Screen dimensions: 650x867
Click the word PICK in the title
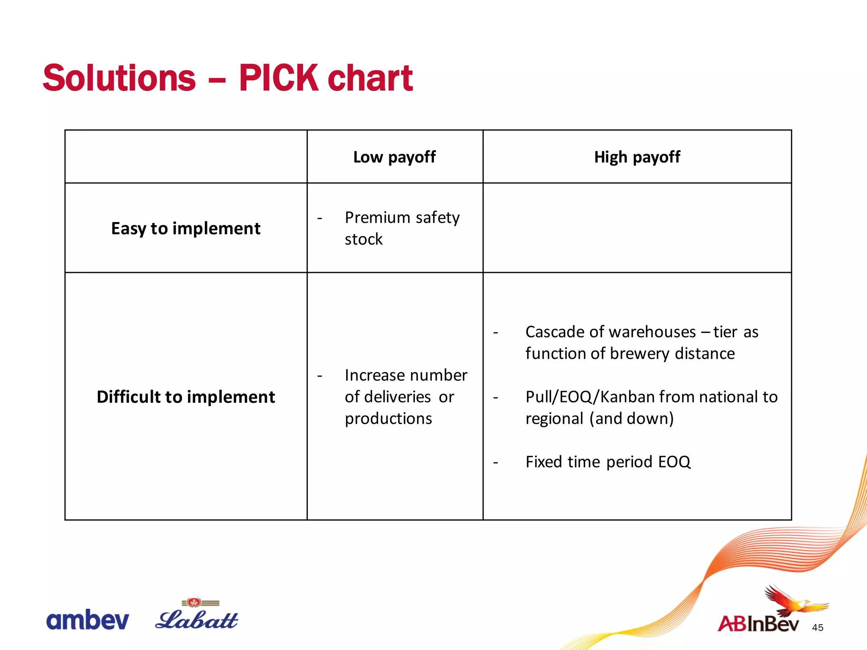point(278,78)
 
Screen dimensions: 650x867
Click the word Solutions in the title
point(119,78)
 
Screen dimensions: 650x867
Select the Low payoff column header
point(394,157)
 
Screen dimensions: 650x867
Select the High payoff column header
point(637,157)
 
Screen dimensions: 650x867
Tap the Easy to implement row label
point(185,229)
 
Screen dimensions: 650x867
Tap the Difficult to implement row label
point(185,397)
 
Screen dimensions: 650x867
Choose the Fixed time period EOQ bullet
point(607,462)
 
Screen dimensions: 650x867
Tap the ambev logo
point(87,620)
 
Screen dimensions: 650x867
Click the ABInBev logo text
point(758,624)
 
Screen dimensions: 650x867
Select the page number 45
point(817,628)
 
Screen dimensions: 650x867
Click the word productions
point(388,419)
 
